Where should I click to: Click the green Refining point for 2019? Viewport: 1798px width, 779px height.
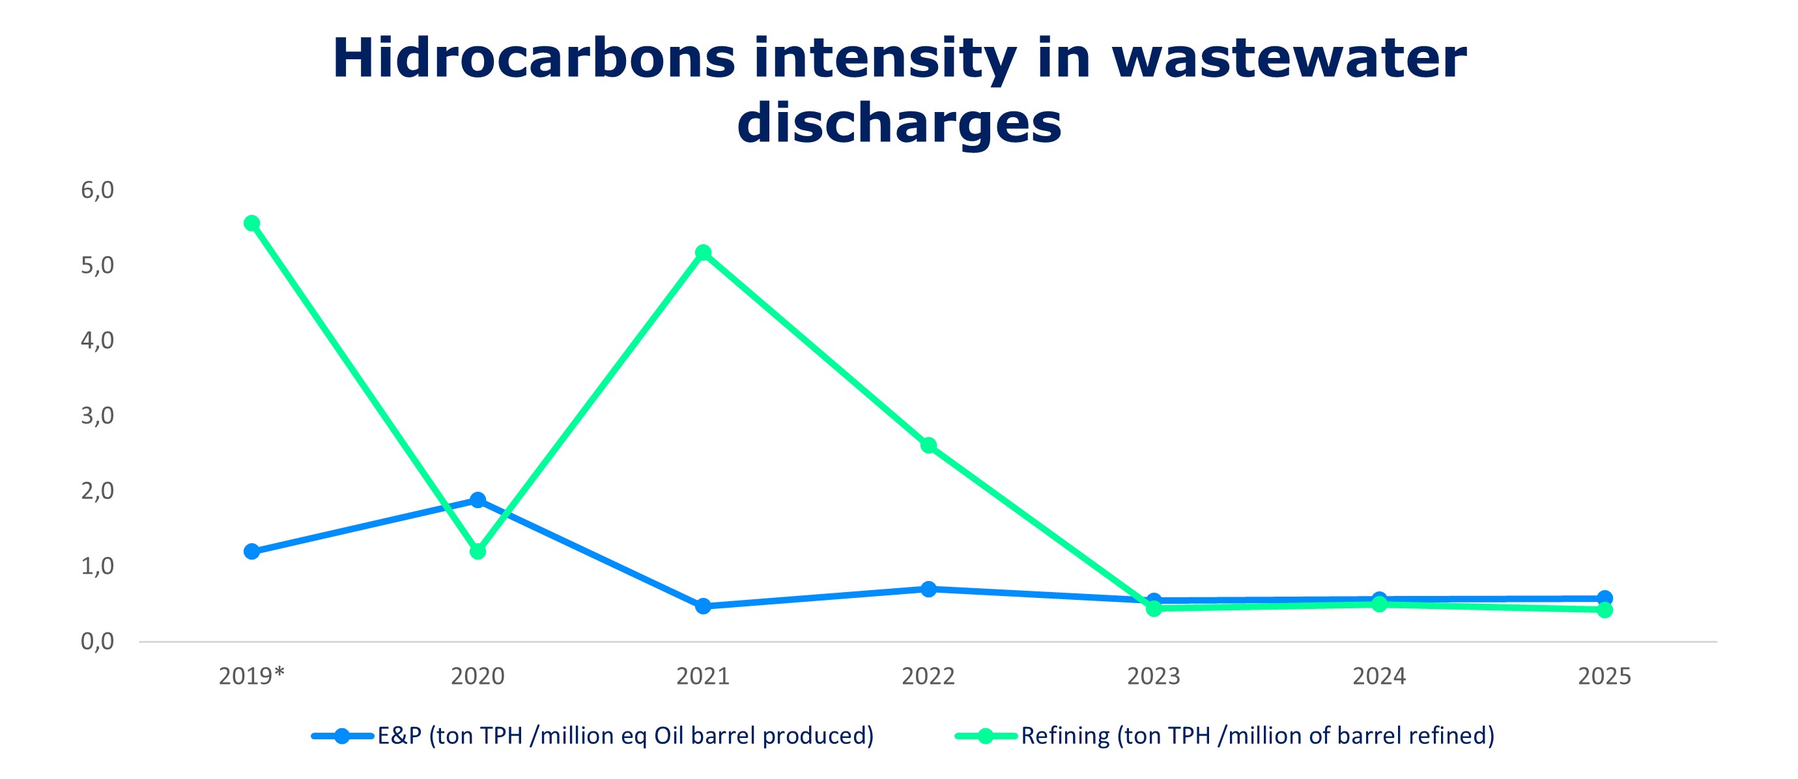click(x=252, y=223)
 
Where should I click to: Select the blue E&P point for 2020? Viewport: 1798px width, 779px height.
click(x=478, y=500)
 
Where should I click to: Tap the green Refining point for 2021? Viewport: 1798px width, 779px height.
click(x=703, y=252)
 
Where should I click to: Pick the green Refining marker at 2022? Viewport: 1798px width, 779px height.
click(x=928, y=446)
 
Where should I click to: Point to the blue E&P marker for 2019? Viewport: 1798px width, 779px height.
click(x=252, y=552)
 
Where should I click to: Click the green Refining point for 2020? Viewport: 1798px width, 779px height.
click(x=478, y=552)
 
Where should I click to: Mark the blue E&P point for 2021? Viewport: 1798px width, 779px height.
click(x=703, y=606)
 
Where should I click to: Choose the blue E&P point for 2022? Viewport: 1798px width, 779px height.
click(x=928, y=589)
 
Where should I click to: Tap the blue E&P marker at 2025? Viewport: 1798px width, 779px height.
click(x=1605, y=597)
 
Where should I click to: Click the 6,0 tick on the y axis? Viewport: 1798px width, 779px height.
click(x=97, y=190)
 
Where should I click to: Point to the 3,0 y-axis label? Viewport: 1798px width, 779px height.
click(x=97, y=416)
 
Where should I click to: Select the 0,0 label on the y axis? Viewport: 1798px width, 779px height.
click(x=97, y=642)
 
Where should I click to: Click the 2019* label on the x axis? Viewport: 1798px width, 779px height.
click(x=252, y=676)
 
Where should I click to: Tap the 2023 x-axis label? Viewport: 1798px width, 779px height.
click(x=1154, y=676)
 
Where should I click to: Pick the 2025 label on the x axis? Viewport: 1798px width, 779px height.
click(x=1605, y=676)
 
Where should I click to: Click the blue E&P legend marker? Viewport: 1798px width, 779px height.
click(x=342, y=736)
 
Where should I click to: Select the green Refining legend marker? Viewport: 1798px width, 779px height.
click(x=986, y=736)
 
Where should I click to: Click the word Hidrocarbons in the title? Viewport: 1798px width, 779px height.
click(x=534, y=59)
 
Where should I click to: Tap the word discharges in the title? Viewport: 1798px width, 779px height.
click(x=899, y=124)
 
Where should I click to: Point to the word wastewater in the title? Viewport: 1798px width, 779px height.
click(x=1289, y=59)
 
